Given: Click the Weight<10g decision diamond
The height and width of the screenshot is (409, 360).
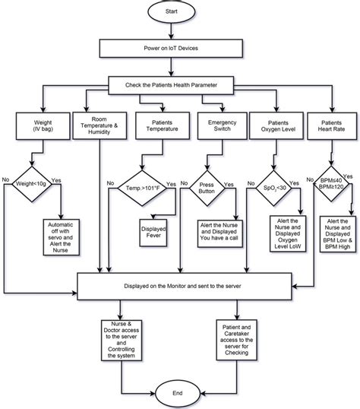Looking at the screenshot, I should click(31, 182).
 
